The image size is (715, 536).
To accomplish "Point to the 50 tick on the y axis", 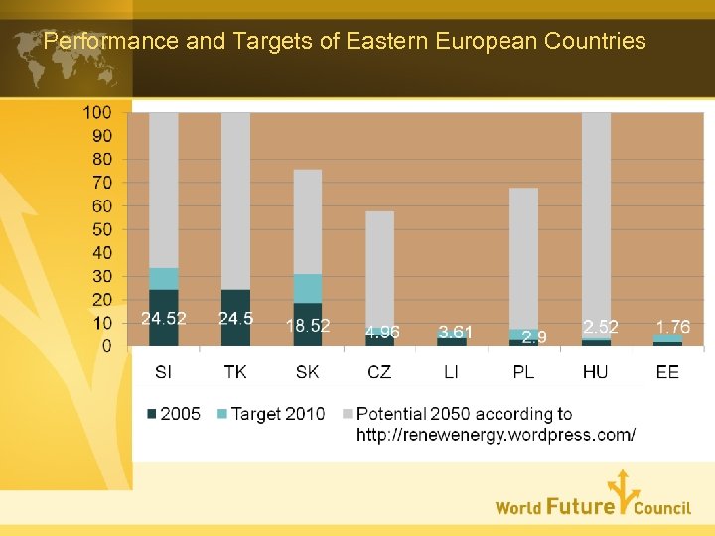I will tap(101, 229).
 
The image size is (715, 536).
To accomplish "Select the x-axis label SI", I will tap(164, 372).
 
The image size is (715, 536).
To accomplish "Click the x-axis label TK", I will tap(235, 372).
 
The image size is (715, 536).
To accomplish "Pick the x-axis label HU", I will tap(596, 372).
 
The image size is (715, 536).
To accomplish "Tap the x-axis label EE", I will tap(667, 372).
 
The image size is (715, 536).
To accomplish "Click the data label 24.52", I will tap(164, 319).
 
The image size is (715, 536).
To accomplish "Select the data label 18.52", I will tap(308, 326).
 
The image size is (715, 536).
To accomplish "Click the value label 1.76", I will tap(672, 327).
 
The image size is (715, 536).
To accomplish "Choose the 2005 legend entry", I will tap(174, 414).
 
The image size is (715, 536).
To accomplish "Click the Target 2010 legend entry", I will tap(270, 414).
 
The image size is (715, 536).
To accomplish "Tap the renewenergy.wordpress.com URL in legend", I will tap(496, 435).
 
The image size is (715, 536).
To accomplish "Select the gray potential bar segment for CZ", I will tap(379, 268).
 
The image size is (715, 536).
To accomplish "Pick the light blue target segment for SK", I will tap(308, 288).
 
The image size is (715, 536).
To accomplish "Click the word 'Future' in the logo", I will tap(580, 507).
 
